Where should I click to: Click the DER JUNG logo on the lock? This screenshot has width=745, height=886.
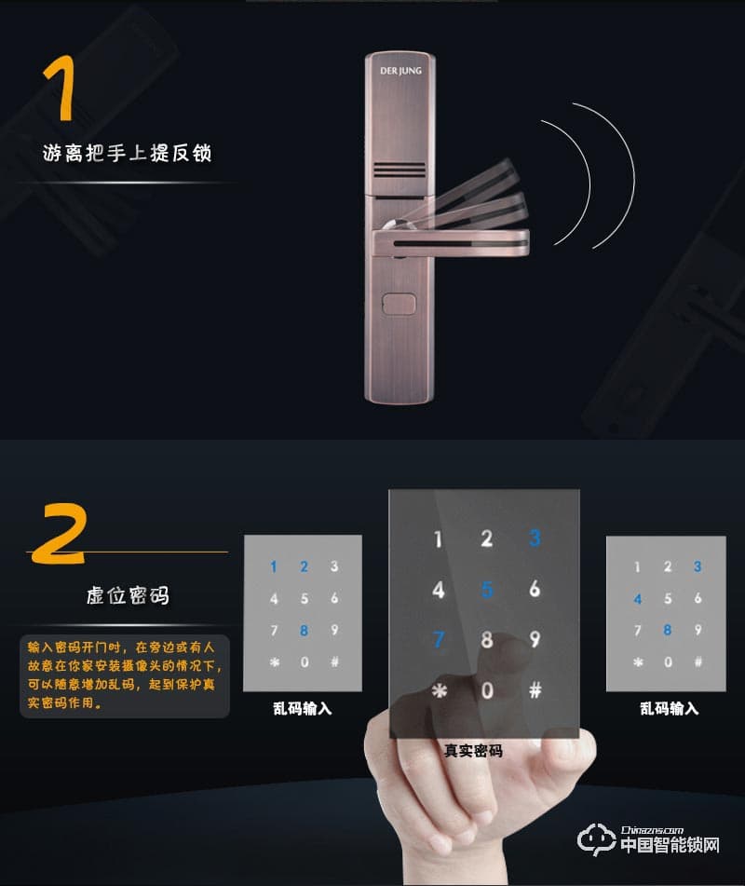coord(400,71)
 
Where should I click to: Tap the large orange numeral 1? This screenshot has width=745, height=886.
coord(61,88)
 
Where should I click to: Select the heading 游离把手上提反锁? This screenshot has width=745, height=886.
coord(127,153)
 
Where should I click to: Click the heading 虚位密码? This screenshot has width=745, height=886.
coord(128,595)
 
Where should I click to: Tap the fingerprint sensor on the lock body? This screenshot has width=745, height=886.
coord(399,304)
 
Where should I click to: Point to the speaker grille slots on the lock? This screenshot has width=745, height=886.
coord(399,170)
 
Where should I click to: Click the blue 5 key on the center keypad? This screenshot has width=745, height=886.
coord(487,590)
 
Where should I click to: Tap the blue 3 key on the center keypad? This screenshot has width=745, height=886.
coord(535,538)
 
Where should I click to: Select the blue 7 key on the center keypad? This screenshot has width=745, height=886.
coord(439,640)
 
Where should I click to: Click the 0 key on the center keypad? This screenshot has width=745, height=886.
coord(487,690)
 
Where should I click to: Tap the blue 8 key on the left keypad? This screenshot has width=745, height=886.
coord(304,630)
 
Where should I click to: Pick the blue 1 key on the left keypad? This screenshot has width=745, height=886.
coord(274,566)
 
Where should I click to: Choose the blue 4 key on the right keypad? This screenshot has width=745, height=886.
coord(638,598)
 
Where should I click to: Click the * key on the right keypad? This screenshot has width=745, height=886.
coord(638,661)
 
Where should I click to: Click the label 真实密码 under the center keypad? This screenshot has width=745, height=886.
coord(473,751)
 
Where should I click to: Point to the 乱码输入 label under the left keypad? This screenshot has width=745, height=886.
coord(302,709)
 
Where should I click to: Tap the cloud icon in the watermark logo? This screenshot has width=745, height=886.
coord(596,839)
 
